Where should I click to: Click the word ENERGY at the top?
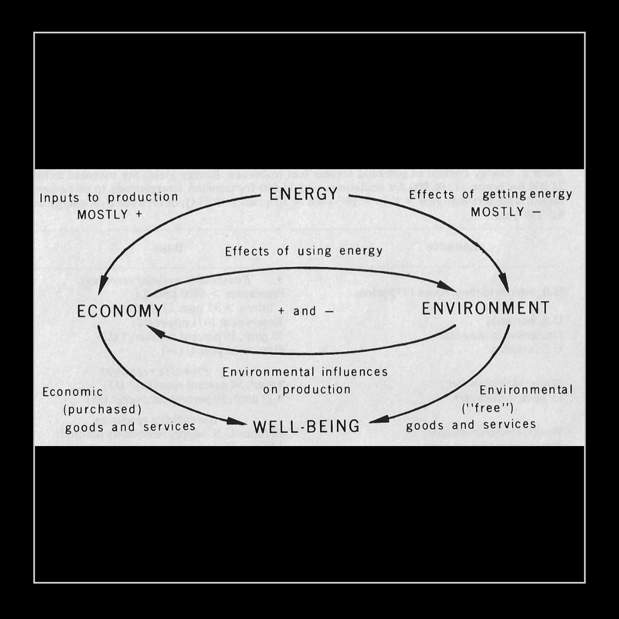pos(303,194)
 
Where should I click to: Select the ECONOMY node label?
pos(120,311)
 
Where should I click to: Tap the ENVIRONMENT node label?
pos(486,308)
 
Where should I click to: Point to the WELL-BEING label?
pos(306,426)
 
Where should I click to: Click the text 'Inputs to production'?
pos(109,197)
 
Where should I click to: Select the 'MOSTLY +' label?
pos(109,215)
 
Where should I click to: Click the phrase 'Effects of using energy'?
pos(304,251)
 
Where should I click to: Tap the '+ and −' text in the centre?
pos(306,311)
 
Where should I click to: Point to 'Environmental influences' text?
pos(305,372)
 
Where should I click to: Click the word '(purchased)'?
pos(102,409)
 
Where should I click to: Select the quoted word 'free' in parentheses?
pos(487,407)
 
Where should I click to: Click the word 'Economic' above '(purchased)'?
pos(73,392)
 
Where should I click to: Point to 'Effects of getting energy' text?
pos(490,195)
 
